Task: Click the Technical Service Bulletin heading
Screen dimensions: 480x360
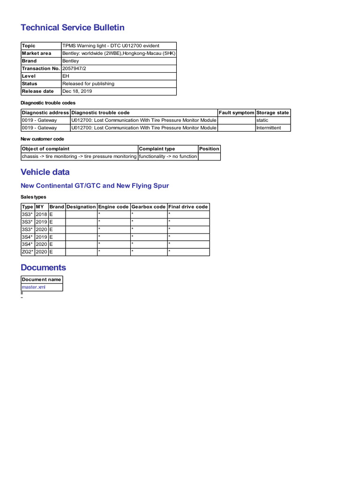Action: point(73,28)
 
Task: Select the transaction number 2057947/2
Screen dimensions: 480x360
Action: point(74,68)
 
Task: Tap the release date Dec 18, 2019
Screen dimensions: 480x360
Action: point(77,91)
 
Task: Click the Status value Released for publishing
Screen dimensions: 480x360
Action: point(88,83)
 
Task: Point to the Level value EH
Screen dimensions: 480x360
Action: point(66,76)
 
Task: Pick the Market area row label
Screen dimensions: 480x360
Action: point(37,53)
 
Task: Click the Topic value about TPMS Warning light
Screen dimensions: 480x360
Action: point(111,46)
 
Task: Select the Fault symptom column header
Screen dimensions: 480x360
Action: point(236,112)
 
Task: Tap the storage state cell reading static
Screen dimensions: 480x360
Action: point(262,120)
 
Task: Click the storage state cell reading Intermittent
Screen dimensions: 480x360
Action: point(269,128)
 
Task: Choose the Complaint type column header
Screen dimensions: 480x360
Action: point(157,149)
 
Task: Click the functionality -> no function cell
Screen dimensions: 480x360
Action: point(168,157)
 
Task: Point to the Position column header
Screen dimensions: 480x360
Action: point(209,149)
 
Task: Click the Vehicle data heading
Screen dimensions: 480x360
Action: point(45,172)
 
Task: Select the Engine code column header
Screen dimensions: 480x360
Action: point(113,207)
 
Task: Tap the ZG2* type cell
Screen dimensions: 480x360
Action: point(28,252)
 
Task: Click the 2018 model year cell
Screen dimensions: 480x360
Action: point(41,214)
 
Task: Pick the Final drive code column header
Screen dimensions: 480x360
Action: point(188,207)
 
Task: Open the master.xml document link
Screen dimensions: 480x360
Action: point(34,287)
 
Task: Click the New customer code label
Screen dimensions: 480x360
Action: point(42,139)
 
